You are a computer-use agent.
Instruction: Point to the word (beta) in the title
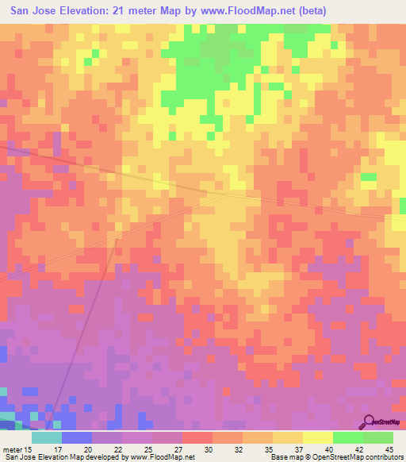pos(307,12)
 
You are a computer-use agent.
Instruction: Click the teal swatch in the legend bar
pos(47,437)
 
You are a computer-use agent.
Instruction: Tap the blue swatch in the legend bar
pos(77,437)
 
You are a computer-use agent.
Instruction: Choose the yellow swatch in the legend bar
pos(318,437)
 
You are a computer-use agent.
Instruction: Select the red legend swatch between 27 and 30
pos(197,437)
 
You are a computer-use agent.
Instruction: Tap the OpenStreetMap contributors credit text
pos(366,457)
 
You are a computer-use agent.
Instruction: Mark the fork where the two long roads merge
pos(228,193)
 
